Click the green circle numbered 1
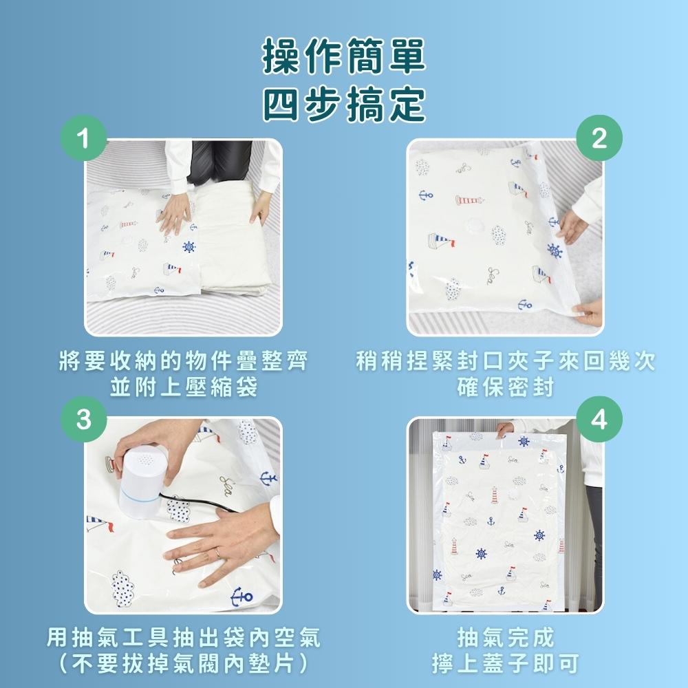pyautogui.click(x=83, y=140)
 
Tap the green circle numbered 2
pyautogui.click(x=599, y=139)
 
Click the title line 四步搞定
pyautogui.click(x=343, y=105)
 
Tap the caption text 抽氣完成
pyautogui.click(x=506, y=637)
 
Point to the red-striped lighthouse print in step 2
pyautogui.click(x=469, y=200)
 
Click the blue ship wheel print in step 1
pyautogui.click(x=188, y=246)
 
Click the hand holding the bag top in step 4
pyautogui.click(x=505, y=429)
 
